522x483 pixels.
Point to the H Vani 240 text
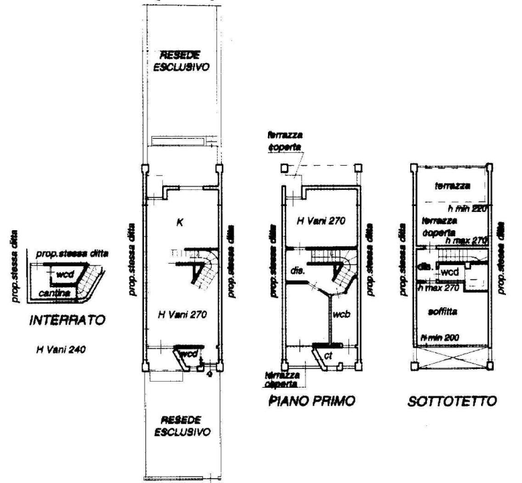[x=62, y=350]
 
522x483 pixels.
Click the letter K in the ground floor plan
[x=179, y=221]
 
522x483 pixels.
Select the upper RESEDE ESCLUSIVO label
[x=180, y=62]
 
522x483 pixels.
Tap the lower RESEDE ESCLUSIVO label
[x=180, y=425]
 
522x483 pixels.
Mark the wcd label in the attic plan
[x=448, y=272]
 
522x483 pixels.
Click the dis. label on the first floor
[x=297, y=272]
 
